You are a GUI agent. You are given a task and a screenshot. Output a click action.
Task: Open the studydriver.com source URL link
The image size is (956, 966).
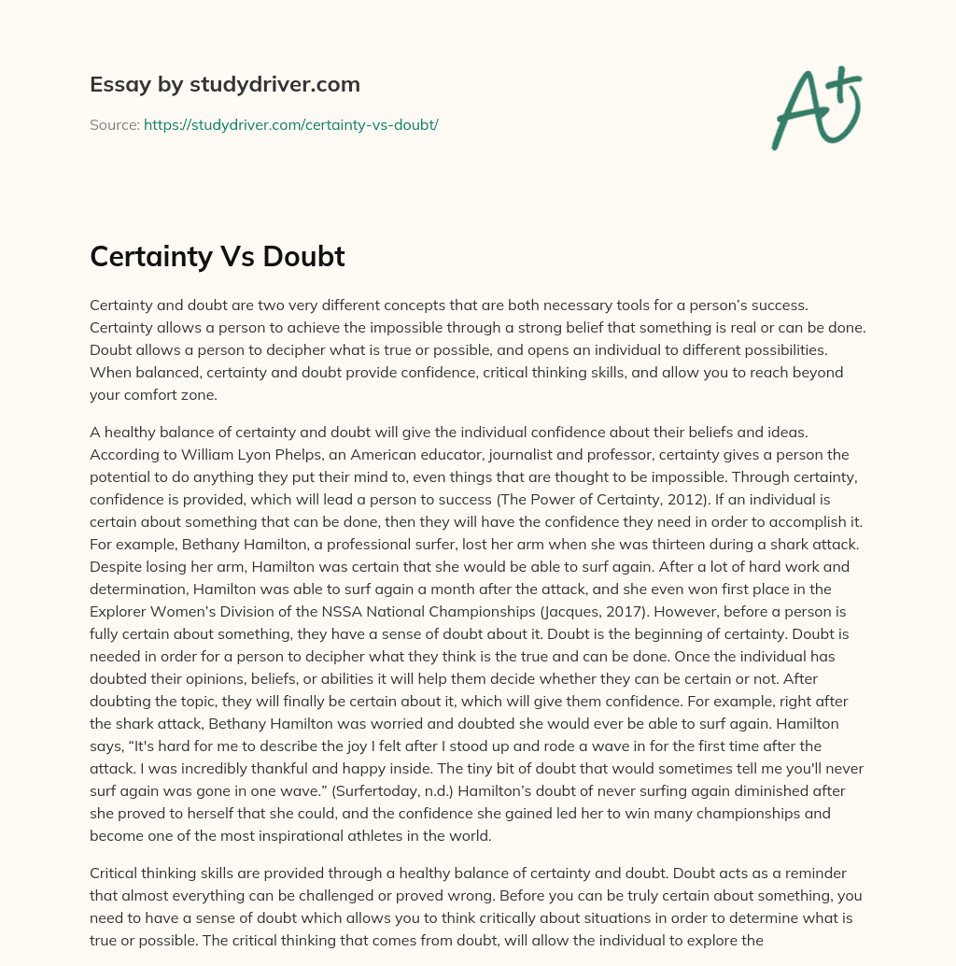(x=290, y=124)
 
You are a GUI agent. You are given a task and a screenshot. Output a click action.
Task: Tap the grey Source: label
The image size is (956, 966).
(x=114, y=124)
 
